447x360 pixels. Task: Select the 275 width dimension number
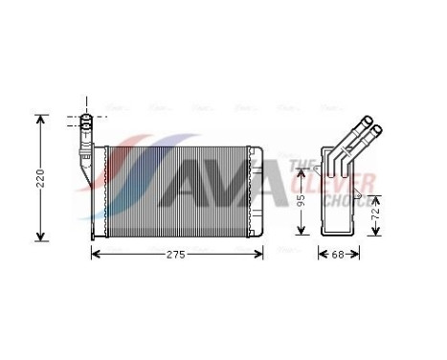[x=173, y=255]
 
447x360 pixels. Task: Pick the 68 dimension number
[x=338, y=255]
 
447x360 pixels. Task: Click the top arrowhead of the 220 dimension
[x=40, y=120]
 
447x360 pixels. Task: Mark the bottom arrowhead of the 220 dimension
[x=40, y=236]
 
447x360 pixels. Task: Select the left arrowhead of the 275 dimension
[x=94, y=255]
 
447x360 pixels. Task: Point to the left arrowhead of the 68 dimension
[x=322, y=255]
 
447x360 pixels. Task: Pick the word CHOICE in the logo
[x=348, y=202]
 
